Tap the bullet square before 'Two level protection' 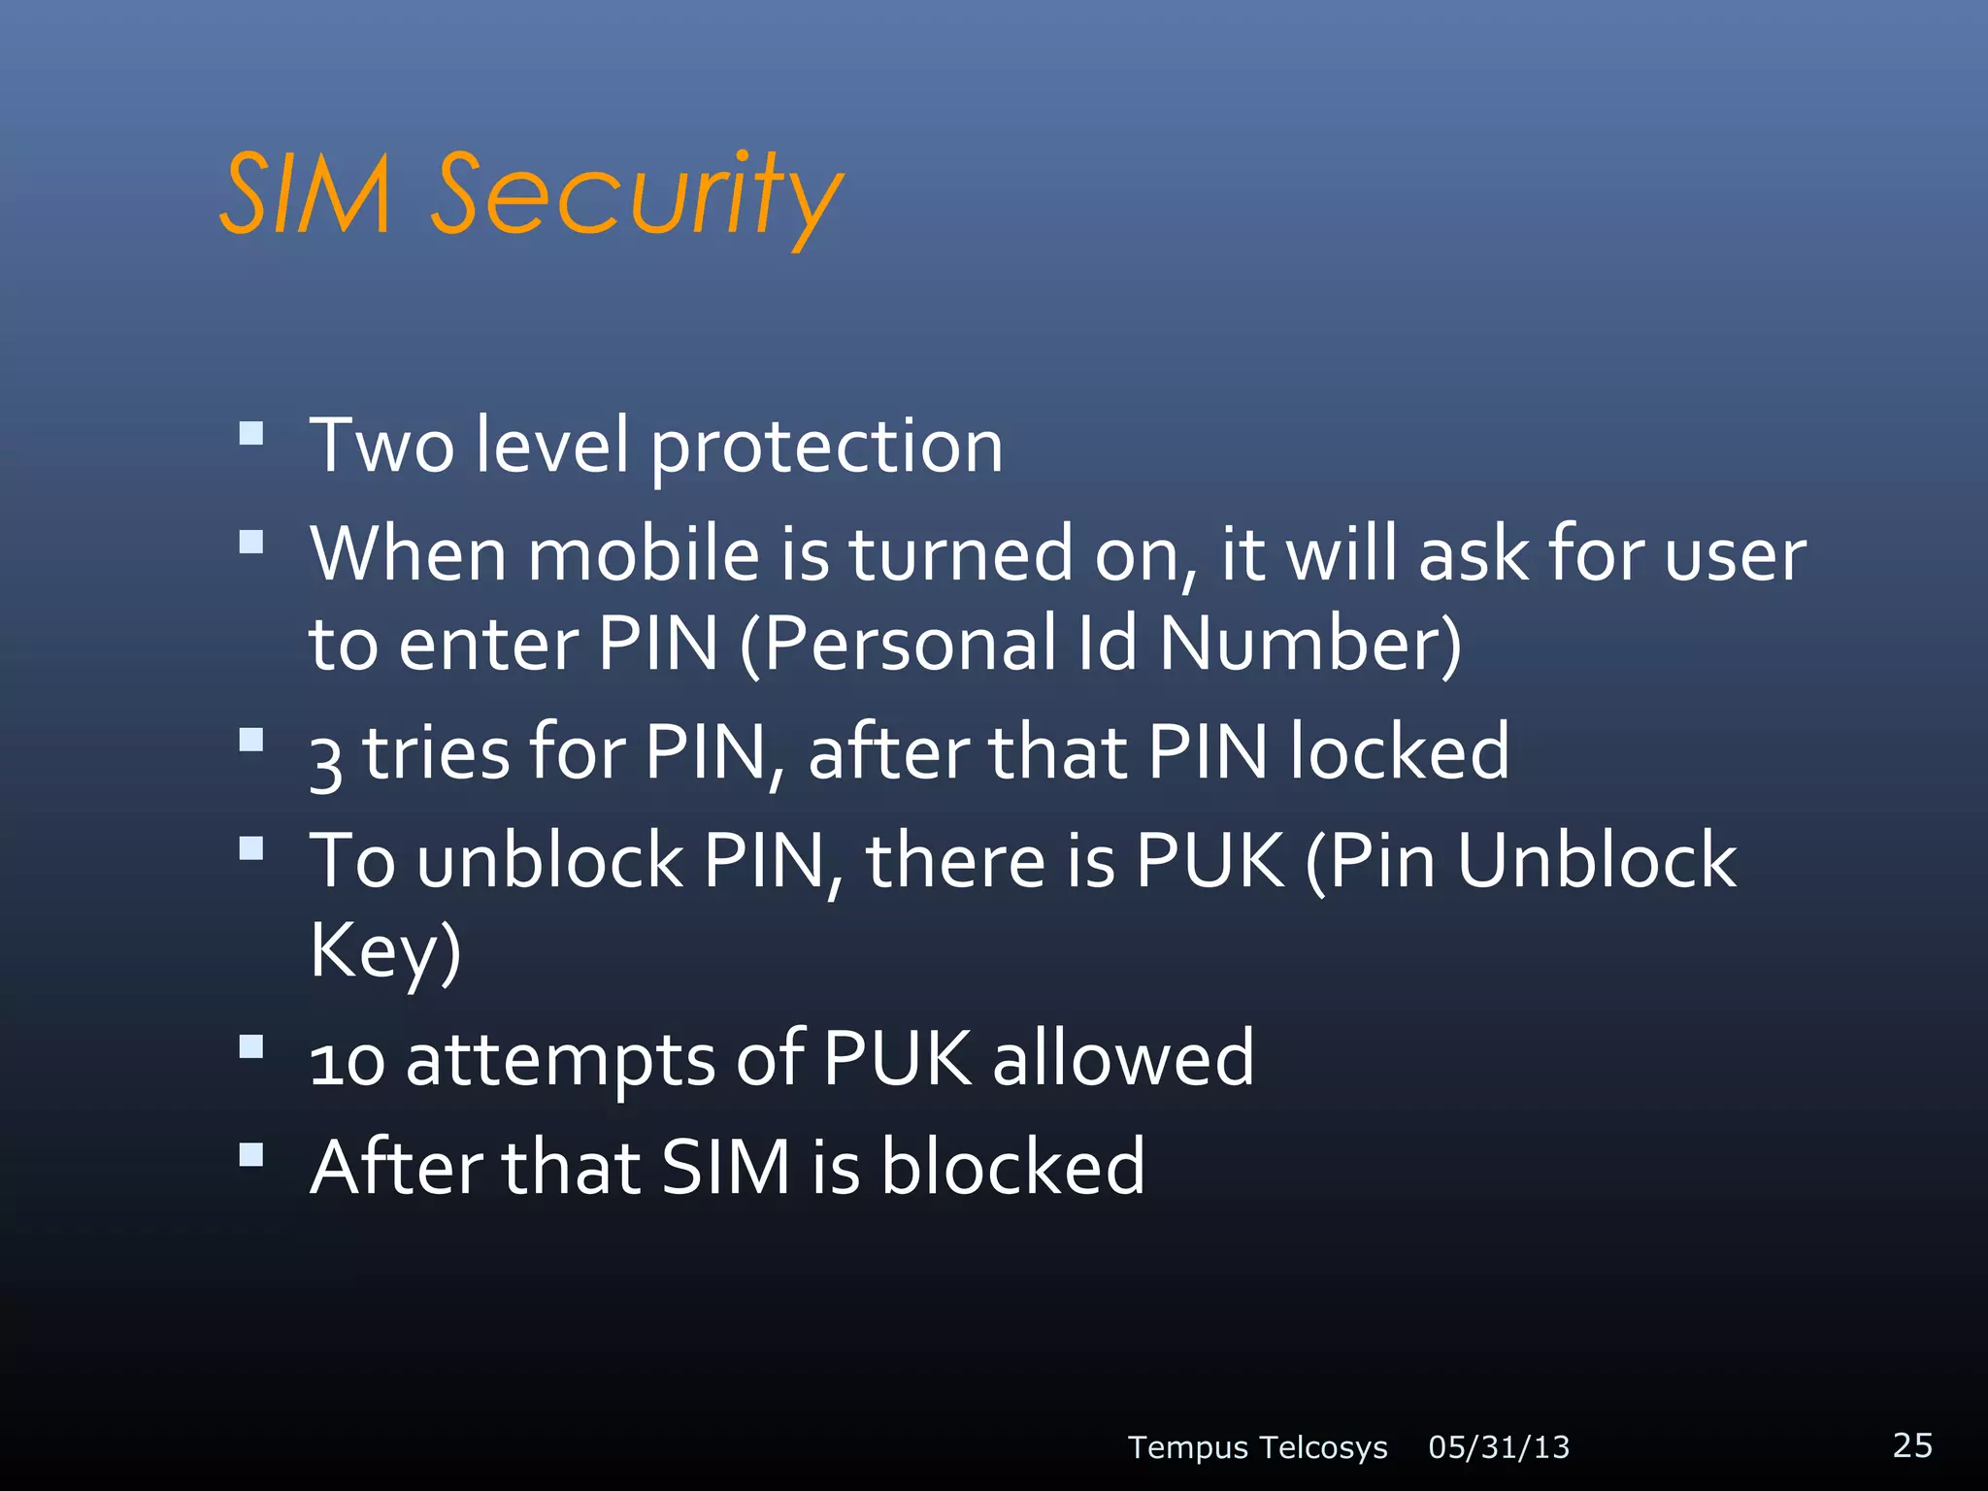(251, 433)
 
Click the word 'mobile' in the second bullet (644, 554)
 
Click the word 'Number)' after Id (1310, 644)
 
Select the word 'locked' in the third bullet (1400, 752)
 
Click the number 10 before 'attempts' (347, 1060)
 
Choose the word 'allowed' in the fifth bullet (1123, 1058)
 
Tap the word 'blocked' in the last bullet (1012, 1166)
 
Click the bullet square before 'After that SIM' (251, 1154)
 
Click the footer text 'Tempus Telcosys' (1257, 1447)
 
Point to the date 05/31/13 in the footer (1499, 1447)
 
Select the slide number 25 (1912, 1444)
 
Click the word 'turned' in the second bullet (960, 554)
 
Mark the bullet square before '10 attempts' (251, 1046)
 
